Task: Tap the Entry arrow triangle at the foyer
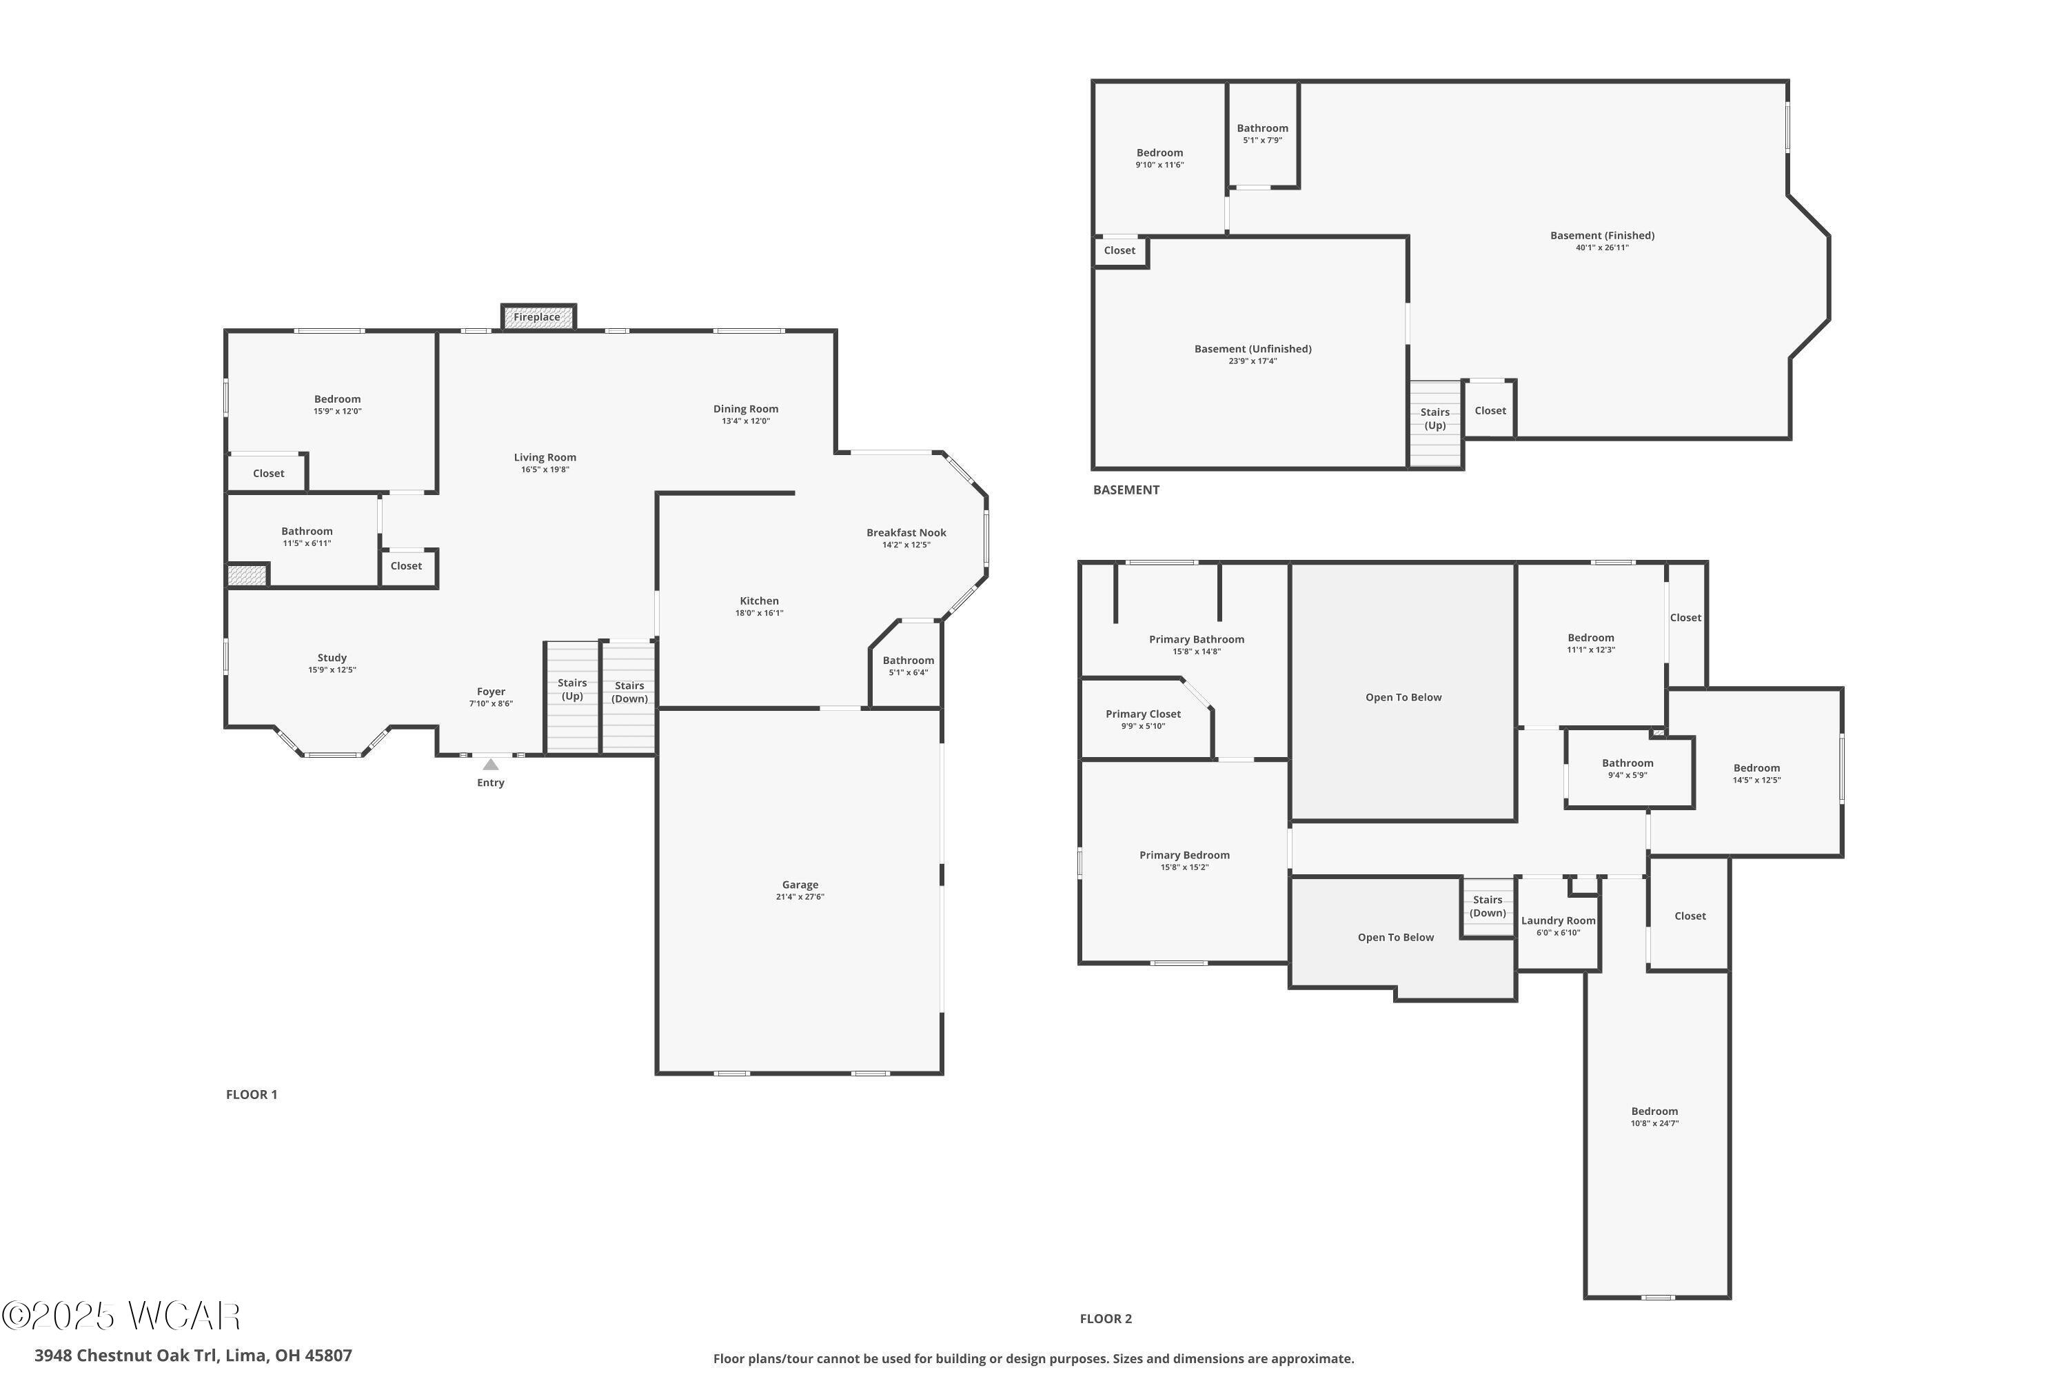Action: [491, 764]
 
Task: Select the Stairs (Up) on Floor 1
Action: [572, 689]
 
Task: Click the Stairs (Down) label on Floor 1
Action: [629, 692]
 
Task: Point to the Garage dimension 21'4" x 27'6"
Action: [800, 897]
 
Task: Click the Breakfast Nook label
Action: [906, 532]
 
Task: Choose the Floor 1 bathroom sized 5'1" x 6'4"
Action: [907, 666]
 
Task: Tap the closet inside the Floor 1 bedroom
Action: [268, 473]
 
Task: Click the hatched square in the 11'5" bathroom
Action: [247, 575]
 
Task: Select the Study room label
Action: [332, 658]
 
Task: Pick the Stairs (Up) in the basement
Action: [1435, 419]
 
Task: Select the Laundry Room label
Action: [1558, 920]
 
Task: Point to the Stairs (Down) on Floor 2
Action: [1488, 906]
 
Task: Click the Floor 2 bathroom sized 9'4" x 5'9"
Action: [1628, 769]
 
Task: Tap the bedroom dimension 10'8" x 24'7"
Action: [1655, 1123]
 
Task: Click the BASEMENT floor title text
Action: [1126, 490]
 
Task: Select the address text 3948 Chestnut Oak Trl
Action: [192, 1356]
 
